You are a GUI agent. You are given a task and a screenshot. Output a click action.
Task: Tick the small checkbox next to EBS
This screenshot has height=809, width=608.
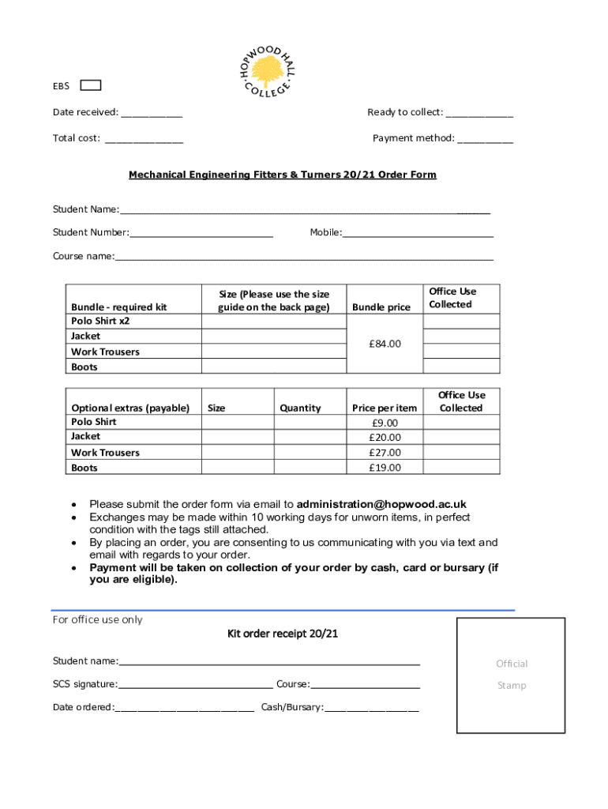click(91, 85)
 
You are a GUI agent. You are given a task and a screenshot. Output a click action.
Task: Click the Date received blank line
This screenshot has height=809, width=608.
click(152, 113)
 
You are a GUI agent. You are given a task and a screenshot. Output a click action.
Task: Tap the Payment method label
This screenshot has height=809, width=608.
click(413, 138)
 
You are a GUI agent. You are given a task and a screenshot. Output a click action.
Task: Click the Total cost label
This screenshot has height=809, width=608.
click(76, 138)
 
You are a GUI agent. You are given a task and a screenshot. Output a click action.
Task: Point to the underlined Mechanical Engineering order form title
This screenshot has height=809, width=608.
click(283, 175)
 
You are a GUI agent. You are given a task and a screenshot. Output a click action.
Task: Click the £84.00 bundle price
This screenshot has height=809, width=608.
click(385, 344)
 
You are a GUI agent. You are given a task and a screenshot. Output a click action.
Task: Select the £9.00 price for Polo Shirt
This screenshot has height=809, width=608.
click(385, 423)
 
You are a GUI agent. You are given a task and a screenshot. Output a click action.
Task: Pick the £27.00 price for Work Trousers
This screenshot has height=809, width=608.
click(385, 453)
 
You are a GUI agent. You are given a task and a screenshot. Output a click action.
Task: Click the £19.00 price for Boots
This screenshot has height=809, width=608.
click(385, 468)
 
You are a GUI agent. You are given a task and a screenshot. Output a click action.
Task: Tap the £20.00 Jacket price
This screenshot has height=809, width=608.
click(385, 438)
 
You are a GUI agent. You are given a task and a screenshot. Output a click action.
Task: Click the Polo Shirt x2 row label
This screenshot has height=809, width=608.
click(100, 322)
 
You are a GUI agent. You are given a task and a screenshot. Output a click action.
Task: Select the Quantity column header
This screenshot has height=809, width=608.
click(300, 408)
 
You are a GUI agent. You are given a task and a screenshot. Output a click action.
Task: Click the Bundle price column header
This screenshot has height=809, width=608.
click(381, 307)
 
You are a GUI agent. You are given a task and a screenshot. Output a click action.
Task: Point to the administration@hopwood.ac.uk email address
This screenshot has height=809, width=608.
click(381, 504)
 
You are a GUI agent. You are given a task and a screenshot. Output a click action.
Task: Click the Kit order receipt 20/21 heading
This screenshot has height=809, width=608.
click(283, 634)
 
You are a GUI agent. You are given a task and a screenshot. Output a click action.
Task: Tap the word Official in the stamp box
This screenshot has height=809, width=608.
click(512, 664)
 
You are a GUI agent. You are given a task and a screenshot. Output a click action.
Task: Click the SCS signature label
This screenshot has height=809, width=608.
click(84, 684)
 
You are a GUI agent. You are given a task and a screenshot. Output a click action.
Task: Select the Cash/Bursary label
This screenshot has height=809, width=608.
click(292, 707)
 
